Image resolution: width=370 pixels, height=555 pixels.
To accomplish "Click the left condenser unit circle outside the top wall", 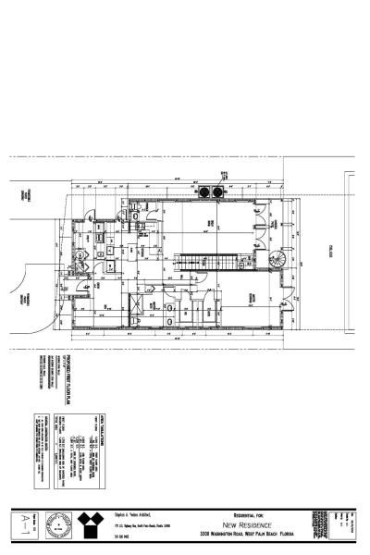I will click(x=206, y=191).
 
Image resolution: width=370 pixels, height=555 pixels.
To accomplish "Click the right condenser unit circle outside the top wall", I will click(x=218, y=191).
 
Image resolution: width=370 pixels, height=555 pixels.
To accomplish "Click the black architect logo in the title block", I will click(x=90, y=524).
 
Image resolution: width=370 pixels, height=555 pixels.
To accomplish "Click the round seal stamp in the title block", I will click(x=57, y=524).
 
